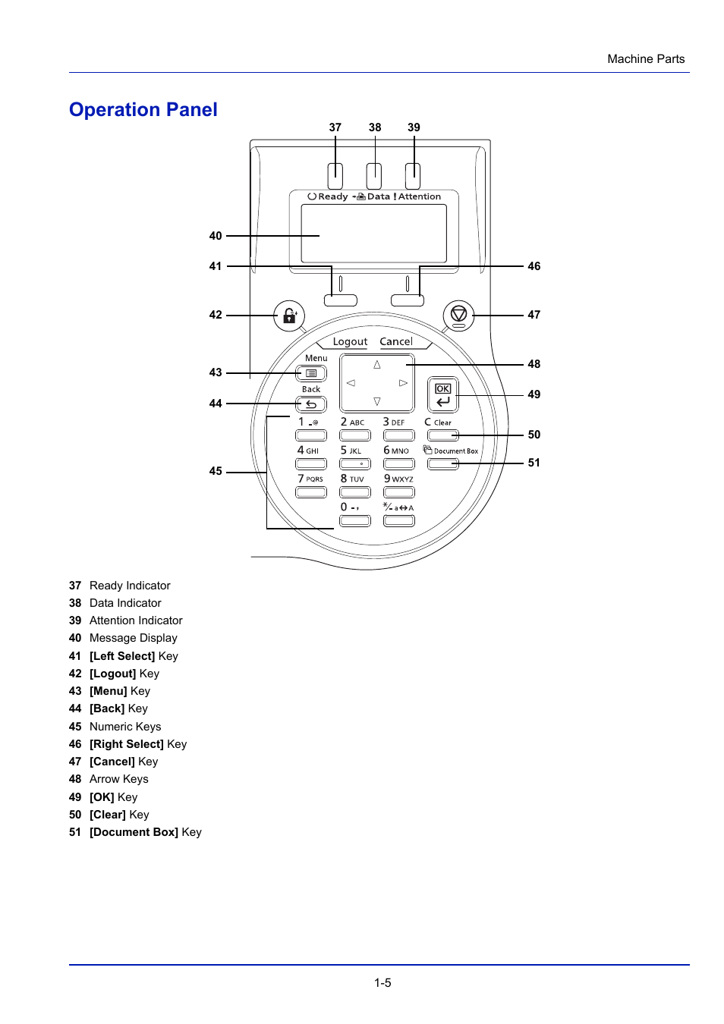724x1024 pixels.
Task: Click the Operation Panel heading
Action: tap(143, 110)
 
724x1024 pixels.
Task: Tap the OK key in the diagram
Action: tap(443, 394)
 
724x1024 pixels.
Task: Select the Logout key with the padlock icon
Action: tap(289, 315)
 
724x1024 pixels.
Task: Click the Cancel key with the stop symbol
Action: tap(458, 315)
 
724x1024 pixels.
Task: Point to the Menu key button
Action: tap(311, 373)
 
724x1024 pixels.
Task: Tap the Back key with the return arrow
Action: tap(311, 404)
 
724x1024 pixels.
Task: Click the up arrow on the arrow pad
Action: tap(377, 365)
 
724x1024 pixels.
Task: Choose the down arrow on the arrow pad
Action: tap(377, 401)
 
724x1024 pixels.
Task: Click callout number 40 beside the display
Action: tap(216, 236)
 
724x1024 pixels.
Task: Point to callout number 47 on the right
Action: tap(534, 315)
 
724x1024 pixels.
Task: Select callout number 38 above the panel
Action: tap(375, 127)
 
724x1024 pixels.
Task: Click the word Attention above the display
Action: tap(420, 196)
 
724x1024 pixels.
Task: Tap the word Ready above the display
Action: tap(333, 196)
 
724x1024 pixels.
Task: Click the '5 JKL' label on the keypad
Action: tap(351, 451)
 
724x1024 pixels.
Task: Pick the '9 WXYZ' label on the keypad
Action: tap(398, 479)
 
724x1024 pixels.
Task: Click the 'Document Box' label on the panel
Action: tap(455, 451)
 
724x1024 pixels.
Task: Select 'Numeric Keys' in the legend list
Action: tap(125, 727)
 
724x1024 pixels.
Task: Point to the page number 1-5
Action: tap(382, 983)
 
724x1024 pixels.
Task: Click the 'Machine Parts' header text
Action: tap(646, 59)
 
